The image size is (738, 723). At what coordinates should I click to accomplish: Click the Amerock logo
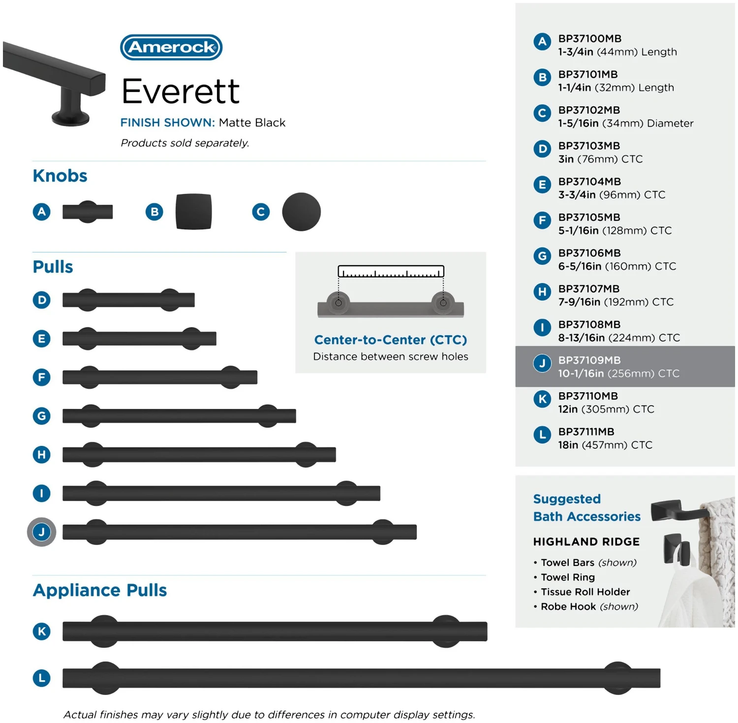tap(171, 47)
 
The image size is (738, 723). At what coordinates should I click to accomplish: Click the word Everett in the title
tap(181, 92)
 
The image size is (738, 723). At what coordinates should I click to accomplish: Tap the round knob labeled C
tap(301, 212)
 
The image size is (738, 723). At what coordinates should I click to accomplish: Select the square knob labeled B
tap(194, 212)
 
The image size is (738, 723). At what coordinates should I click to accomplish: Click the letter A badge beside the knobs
tap(42, 212)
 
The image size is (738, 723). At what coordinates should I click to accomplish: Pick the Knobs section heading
tap(60, 176)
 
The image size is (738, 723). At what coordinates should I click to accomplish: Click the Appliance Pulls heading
tap(100, 590)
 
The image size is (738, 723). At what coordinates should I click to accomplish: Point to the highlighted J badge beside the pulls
tap(41, 532)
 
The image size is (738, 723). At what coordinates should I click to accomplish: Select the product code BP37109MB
tap(589, 360)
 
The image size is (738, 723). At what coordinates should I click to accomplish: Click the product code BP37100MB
tap(590, 38)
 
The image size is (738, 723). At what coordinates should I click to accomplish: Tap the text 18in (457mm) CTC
tap(605, 445)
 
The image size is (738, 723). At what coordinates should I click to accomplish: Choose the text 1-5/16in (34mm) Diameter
tap(626, 123)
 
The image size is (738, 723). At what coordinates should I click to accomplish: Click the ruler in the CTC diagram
tap(391, 271)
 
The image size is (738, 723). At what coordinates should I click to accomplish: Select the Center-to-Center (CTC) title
tap(391, 340)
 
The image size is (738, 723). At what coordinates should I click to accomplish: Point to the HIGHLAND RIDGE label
tap(586, 541)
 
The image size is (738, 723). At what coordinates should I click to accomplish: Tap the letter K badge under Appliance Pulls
tap(42, 631)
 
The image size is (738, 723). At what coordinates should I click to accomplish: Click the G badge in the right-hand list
tap(542, 256)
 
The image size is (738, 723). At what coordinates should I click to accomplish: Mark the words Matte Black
tap(252, 123)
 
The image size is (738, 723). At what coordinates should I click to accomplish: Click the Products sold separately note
tap(185, 143)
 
